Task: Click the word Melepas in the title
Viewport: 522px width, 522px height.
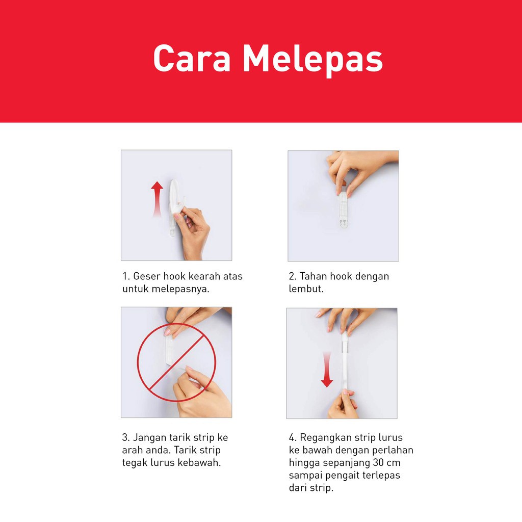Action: tap(314, 60)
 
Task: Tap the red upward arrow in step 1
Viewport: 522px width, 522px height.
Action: tap(157, 199)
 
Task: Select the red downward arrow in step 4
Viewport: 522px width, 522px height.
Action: tap(327, 370)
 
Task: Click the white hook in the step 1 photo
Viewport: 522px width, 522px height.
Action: tap(175, 203)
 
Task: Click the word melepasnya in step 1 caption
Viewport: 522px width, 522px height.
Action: tap(180, 289)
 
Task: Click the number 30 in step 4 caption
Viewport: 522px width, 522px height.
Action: tap(379, 463)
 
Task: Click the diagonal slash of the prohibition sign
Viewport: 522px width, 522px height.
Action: tap(176, 362)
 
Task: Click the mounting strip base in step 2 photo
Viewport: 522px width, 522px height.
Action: tap(343, 210)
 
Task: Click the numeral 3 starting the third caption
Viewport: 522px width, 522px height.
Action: tap(125, 437)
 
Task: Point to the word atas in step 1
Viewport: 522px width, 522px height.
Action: tap(232, 276)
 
